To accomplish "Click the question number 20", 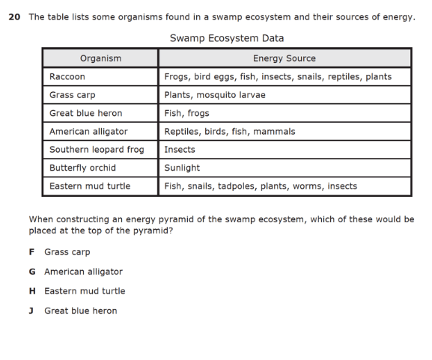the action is click(x=13, y=17).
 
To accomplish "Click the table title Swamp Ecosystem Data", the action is click(x=226, y=38).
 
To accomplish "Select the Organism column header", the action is click(x=100, y=58).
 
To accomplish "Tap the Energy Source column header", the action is click(x=285, y=58).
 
